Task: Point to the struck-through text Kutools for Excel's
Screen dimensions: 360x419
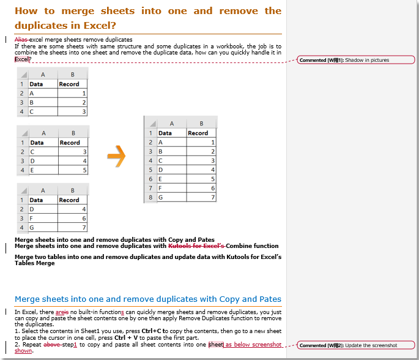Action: (x=197, y=246)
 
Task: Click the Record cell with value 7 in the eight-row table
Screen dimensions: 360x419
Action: (x=201, y=198)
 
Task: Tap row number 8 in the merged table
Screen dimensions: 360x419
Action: (x=150, y=198)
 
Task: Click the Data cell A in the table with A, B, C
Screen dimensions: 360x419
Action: (x=42, y=94)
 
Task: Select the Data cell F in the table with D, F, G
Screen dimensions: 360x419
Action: (x=42, y=219)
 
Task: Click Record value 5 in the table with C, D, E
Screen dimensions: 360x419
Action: (x=72, y=170)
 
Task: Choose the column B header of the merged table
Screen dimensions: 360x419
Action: (x=201, y=124)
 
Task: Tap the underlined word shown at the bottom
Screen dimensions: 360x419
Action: (x=23, y=351)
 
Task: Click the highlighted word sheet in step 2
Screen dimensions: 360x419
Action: (x=216, y=345)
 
